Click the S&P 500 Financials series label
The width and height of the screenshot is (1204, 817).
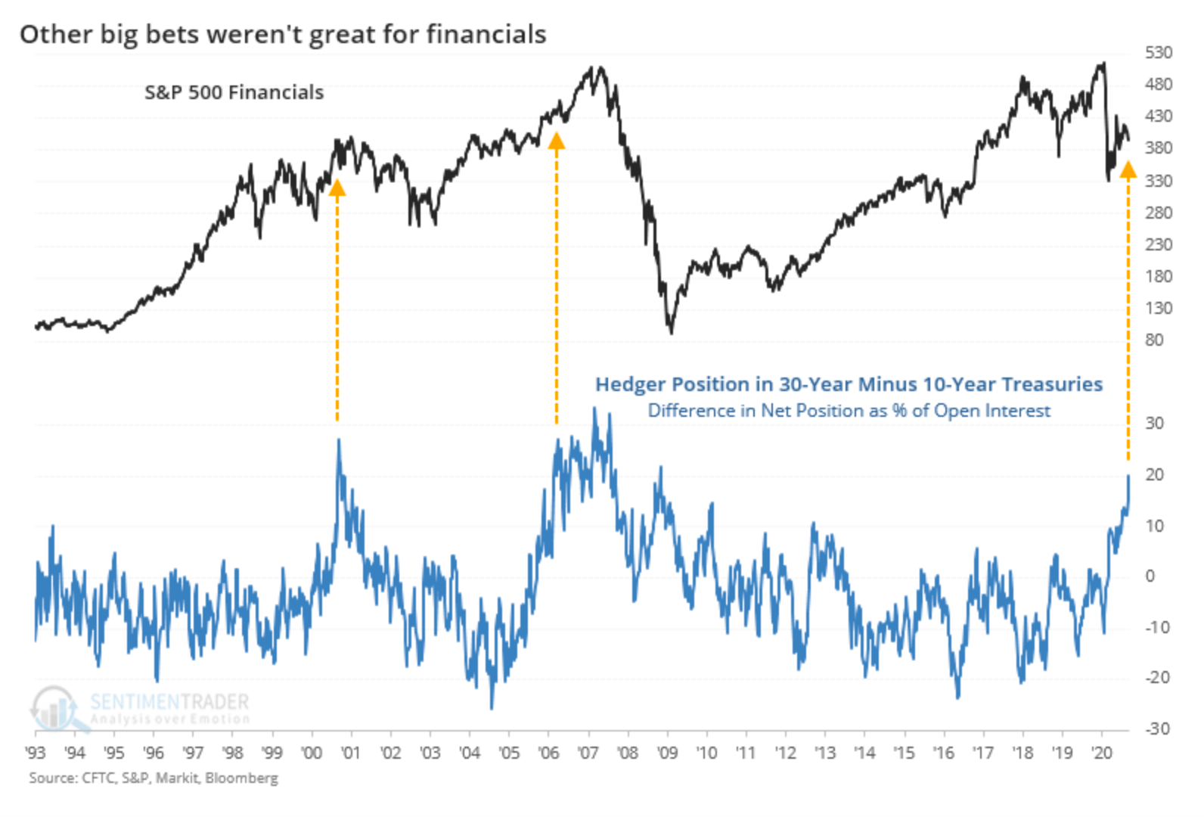point(234,92)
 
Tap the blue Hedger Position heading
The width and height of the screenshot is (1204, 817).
point(849,384)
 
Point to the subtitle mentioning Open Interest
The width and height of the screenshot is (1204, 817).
point(849,411)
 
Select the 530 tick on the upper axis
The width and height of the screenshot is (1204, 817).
point(1159,53)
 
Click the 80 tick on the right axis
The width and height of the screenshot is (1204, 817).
point(1154,340)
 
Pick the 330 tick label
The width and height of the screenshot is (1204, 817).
point(1159,181)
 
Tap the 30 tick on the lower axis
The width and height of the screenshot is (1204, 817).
point(1154,424)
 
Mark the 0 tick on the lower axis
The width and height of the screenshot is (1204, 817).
point(1150,576)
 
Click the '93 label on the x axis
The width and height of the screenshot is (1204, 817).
point(36,753)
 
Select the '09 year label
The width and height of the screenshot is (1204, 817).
point(668,753)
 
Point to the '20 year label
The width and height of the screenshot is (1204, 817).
point(1102,753)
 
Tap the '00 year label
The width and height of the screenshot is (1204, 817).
point(312,753)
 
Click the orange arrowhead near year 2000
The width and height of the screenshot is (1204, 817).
point(337,188)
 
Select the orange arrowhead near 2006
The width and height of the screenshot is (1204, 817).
point(557,141)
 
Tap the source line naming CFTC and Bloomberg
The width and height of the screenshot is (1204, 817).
point(154,778)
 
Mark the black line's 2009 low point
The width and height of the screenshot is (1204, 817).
point(671,334)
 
